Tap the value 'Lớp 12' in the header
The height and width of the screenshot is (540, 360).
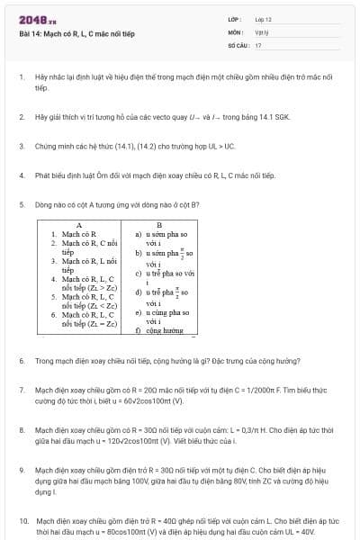263,18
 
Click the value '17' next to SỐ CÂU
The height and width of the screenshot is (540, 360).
258,44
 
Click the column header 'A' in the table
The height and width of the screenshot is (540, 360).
80,224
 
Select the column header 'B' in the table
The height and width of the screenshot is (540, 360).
159,224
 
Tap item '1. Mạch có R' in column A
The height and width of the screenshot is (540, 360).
73,233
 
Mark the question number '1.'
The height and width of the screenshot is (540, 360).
21,77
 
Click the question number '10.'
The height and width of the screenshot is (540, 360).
22,520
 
